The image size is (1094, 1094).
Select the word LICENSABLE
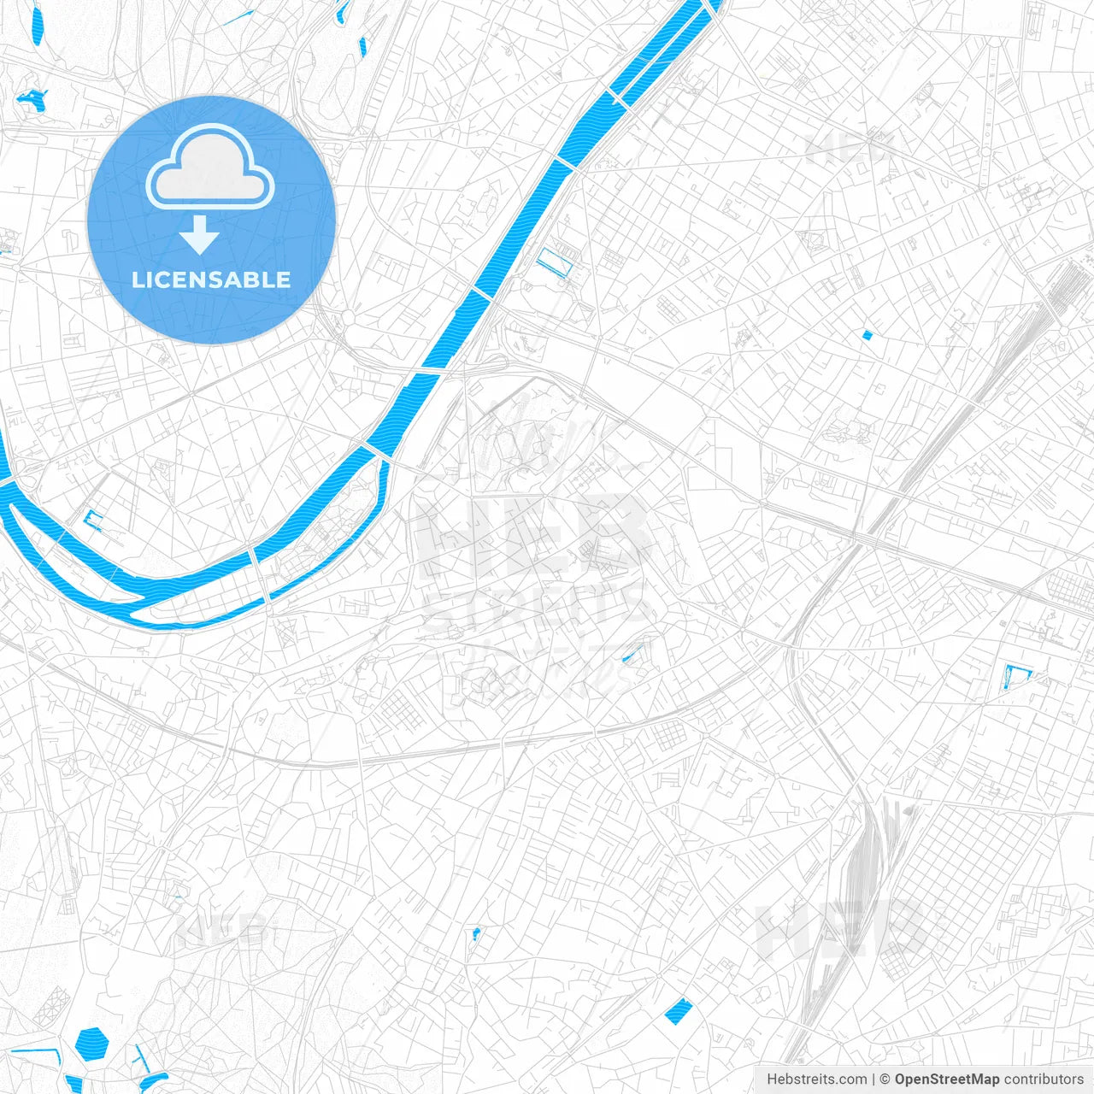[x=211, y=279]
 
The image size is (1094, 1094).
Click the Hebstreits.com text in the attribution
[x=816, y=1079]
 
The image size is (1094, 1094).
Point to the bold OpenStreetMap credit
[x=946, y=1079]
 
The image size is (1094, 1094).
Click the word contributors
[x=1044, y=1079]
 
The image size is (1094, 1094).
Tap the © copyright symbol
[x=885, y=1079]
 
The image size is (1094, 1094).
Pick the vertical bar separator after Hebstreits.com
[x=873, y=1079]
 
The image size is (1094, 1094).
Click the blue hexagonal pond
[x=91, y=1043]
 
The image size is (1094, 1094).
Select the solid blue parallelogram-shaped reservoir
[x=678, y=1011]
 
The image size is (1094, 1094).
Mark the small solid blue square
[x=867, y=335]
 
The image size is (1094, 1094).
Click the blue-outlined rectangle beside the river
[x=554, y=261]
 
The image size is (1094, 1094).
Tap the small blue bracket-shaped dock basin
[x=93, y=520]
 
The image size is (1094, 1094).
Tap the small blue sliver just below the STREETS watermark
[x=632, y=653]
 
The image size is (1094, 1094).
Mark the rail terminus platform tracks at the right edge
[x=1065, y=286]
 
